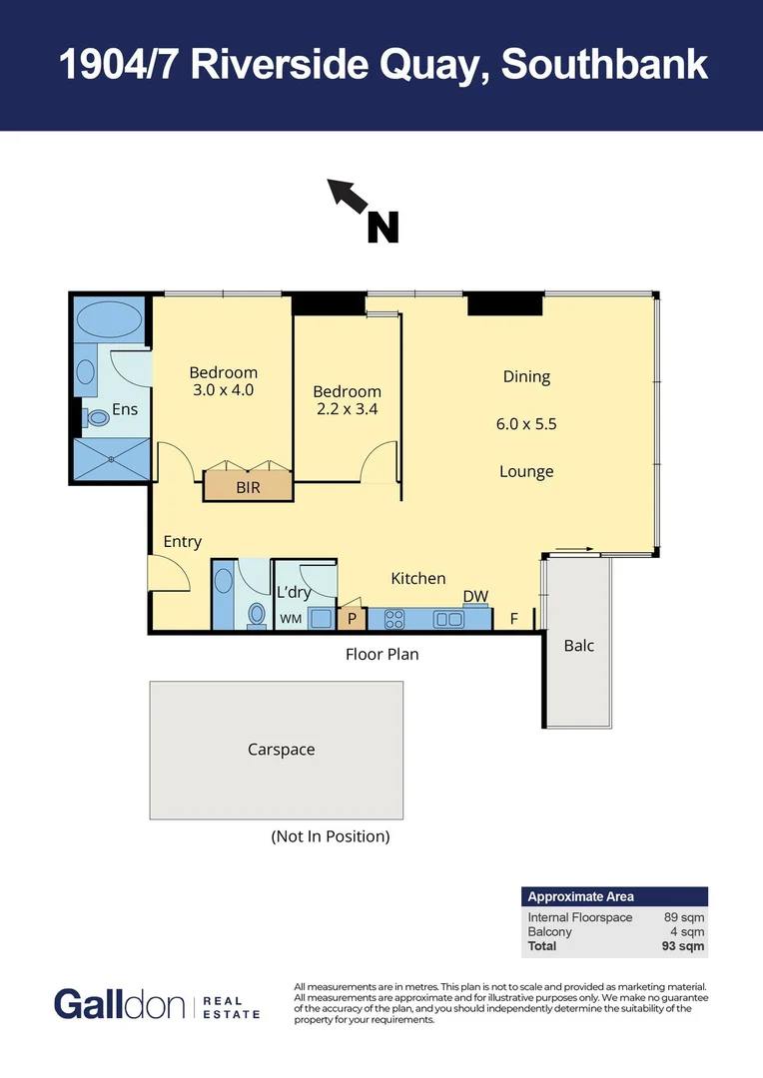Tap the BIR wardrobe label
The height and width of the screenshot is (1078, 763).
tap(248, 488)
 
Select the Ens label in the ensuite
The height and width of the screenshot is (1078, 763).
tap(124, 408)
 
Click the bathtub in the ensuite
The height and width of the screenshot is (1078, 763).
tap(109, 319)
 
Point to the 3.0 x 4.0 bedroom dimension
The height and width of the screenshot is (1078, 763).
tap(223, 390)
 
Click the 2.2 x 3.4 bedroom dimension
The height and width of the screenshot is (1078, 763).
tap(347, 408)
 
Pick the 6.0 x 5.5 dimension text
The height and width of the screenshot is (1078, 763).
tap(526, 423)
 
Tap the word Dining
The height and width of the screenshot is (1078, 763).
tap(526, 376)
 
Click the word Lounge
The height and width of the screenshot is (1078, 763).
tap(526, 471)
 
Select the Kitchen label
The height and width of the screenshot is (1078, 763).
tap(417, 578)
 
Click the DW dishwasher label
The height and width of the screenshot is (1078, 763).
tap(475, 597)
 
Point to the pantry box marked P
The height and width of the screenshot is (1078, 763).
tap(351, 619)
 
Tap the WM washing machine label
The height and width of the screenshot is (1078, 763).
tap(291, 619)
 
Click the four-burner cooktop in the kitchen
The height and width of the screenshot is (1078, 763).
tap(393, 619)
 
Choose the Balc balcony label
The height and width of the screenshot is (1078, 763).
tap(579, 645)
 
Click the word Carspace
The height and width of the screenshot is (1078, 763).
tap(281, 749)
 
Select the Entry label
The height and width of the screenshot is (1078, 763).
tap(182, 542)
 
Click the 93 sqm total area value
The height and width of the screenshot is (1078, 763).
tap(684, 945)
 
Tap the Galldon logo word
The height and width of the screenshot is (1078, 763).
tap(119, 1004)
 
